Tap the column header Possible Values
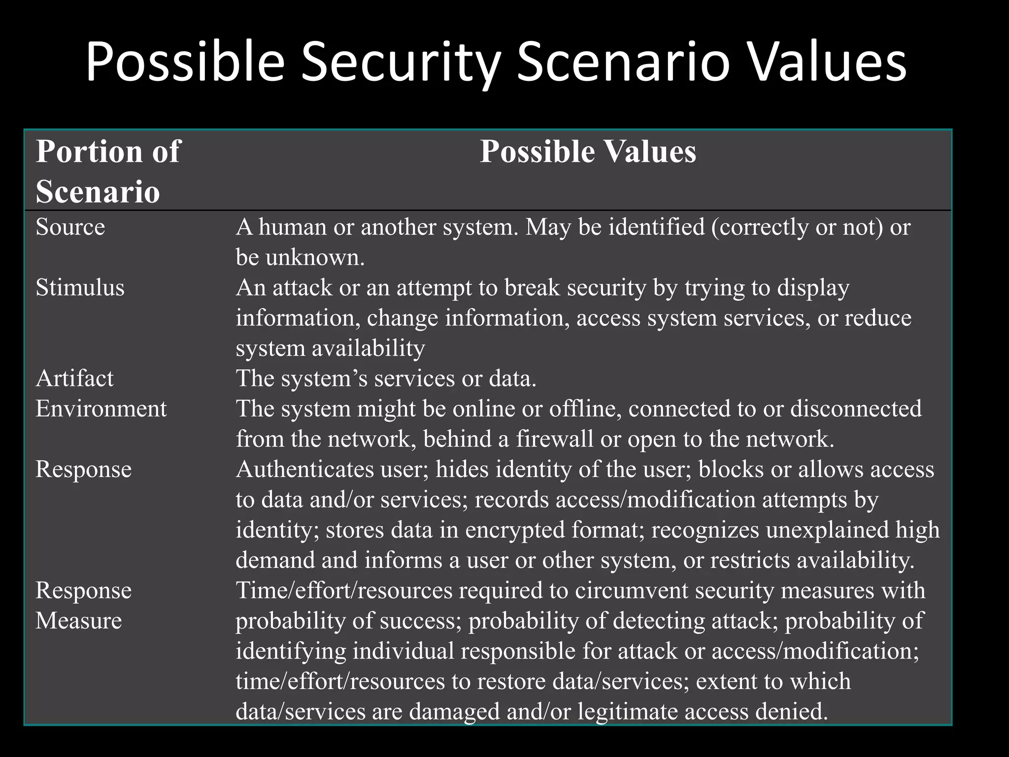pyautogui.click(x=588, y=151)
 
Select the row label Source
pyautogui.click(x=70, y=227)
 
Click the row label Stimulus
pyautogui.click(x=80, y=288)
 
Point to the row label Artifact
pyautogui.click(x=74, y=378)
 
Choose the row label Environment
pyautogui.click(x=101, y=409)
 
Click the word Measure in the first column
pyautogui.click(x=78, y=620)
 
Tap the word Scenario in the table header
pyautogui.click(x=98, y=191)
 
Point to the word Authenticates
pyautogui.click(x=304, y=469)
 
